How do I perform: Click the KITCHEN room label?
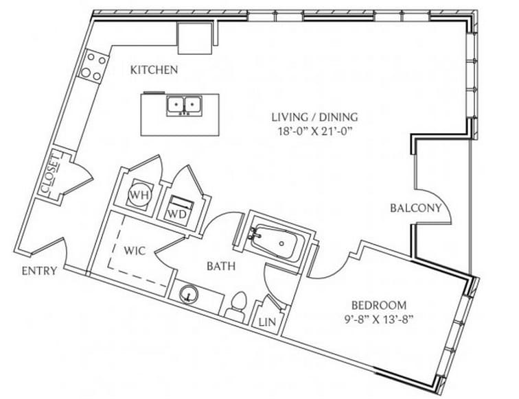tap(154, 70)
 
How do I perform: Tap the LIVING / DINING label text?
tap(315, 117)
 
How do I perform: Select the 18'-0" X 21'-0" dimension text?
tap(314, 132)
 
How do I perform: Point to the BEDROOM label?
tap(379, 305)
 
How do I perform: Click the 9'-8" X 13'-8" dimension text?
tap(380, 319)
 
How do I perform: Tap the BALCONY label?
tap(416, 208)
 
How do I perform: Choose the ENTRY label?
tap(39, 271)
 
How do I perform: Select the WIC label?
tap(135, 251)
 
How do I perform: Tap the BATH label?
tap(221, 266)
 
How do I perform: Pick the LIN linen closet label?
tap(267, 322)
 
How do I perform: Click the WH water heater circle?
tap(139, 195)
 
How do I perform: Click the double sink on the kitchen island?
tap(184, 106)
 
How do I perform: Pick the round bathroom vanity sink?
tap(189, 294)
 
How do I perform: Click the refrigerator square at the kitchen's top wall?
tap(195, 38)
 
